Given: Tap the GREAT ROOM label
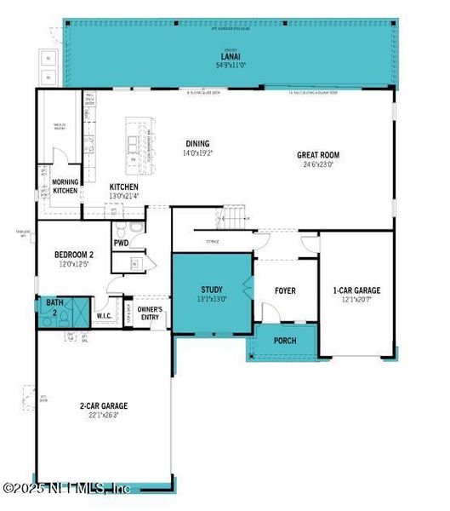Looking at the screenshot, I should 317,155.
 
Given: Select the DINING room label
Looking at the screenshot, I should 196,144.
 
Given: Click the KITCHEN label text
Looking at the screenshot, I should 123,187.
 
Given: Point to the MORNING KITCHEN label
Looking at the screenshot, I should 66,187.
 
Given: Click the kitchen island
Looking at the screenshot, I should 137,141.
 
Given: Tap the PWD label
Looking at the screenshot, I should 122,242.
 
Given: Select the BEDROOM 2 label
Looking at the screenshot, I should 74,255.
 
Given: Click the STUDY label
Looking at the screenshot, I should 212,290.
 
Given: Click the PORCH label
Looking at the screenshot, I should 284,340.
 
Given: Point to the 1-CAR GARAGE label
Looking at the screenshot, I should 356,290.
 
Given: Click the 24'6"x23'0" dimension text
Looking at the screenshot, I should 317,165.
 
